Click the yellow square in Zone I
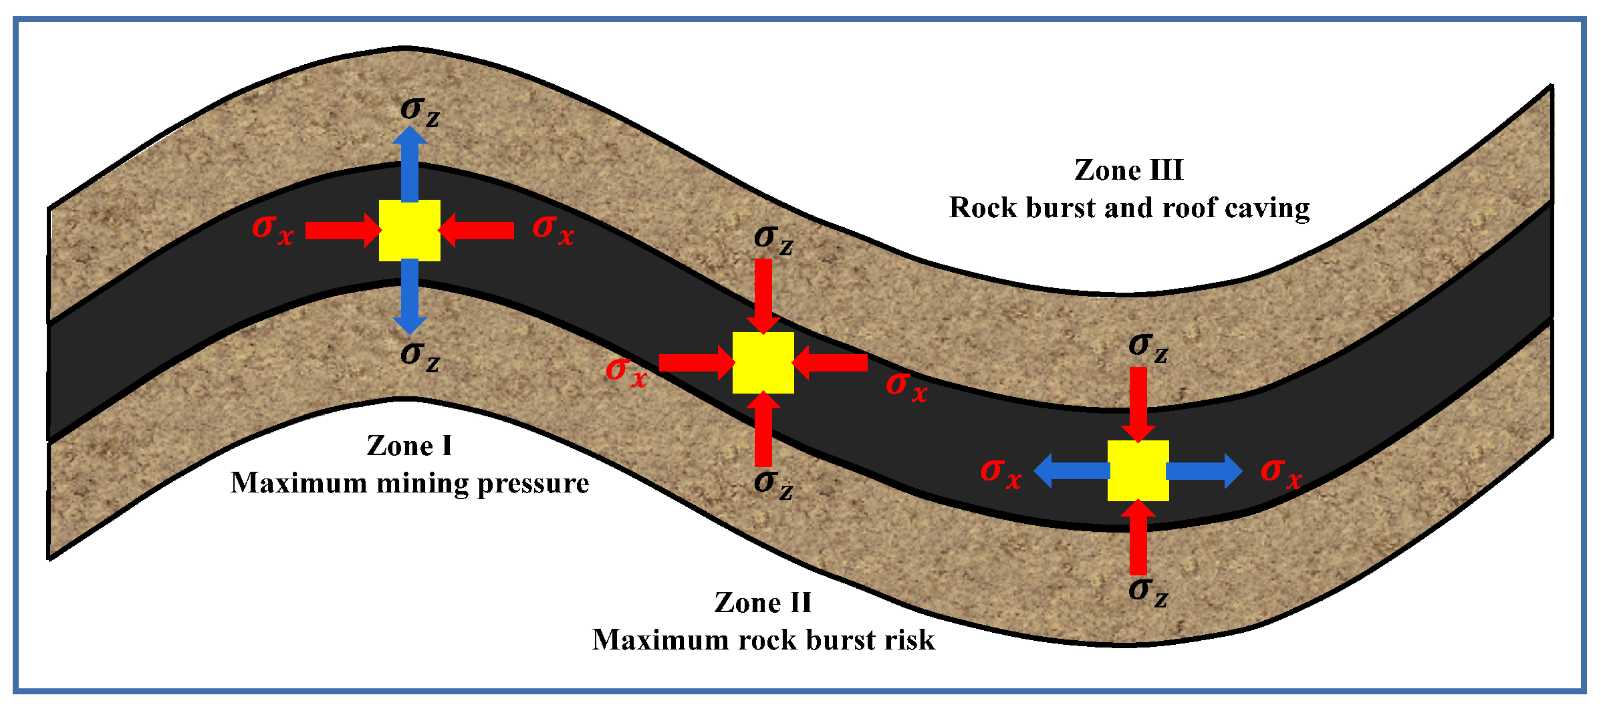click(409, 230)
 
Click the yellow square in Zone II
click(763, 362)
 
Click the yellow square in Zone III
click(1138, 470)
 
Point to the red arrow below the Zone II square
click(763, 429)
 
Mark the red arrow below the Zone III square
click(1138, 537)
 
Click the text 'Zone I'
click(409, 446)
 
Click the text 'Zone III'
click(1128, 170)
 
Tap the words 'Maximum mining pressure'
click(409, 483)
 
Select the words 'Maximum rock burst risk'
click(763, 640)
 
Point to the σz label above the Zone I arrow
click(420, 111)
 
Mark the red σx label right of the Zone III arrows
click(1281, 473)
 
